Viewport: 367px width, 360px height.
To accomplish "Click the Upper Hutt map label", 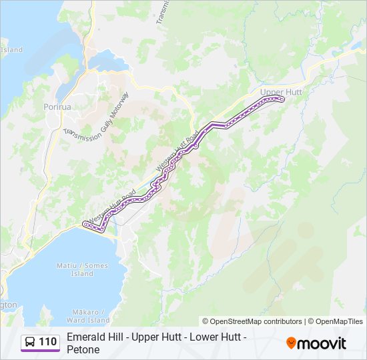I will click(281, 91).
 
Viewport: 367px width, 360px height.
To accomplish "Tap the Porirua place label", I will click(57, 107).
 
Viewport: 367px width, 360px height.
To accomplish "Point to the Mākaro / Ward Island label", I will click(87, 315).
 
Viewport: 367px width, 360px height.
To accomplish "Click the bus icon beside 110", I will click(30, 342).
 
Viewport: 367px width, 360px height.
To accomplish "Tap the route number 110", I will click(47, 342).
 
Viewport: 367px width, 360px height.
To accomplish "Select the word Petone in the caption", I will click(83, 350).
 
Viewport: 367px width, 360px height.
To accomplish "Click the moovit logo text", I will click(323, 343).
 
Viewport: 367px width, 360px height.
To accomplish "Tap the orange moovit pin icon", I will click(291, 343).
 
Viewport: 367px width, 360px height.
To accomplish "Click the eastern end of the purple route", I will click(282, 99).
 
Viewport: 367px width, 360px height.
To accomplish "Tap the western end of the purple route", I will click(85, 224).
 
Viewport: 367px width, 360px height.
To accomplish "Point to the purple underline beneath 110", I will click(40, 351).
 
